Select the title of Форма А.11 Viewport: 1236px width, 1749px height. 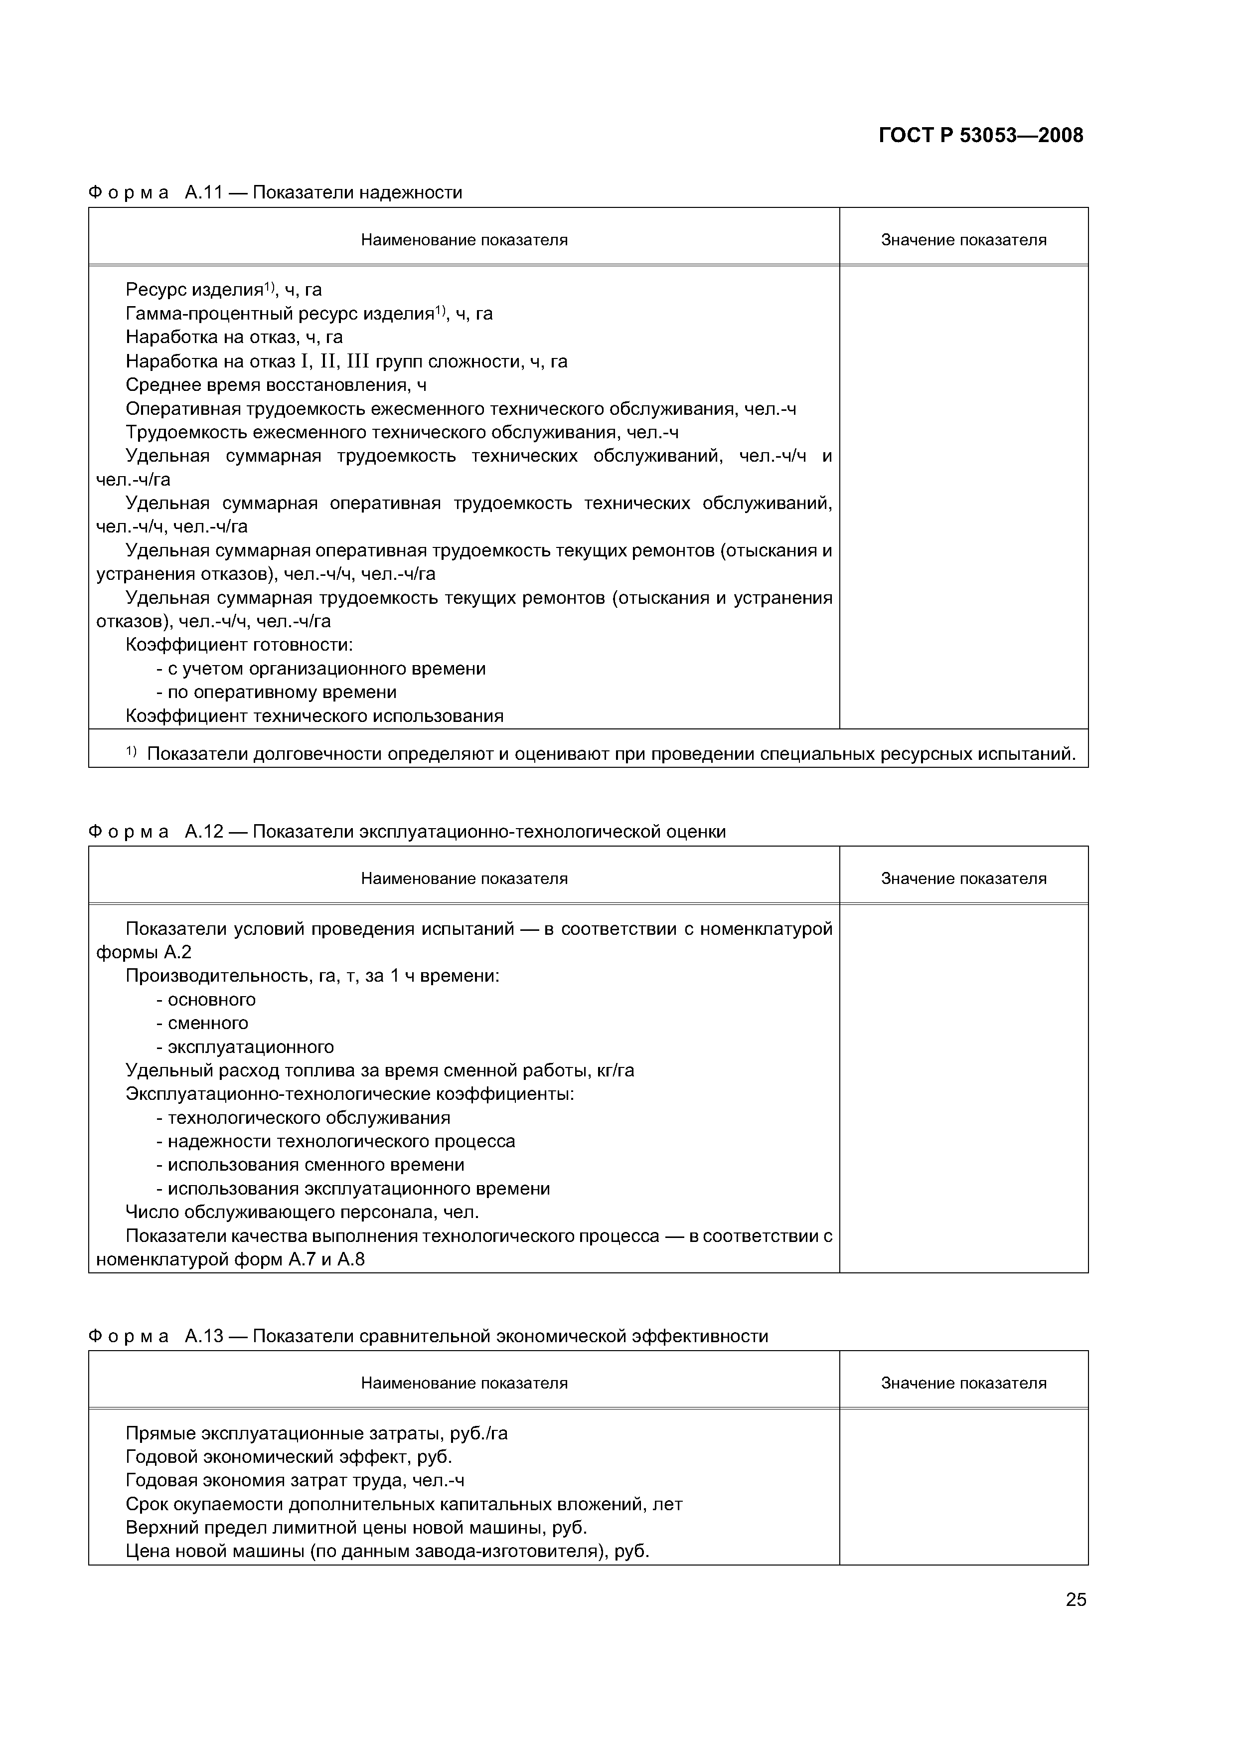(x=275, y=192)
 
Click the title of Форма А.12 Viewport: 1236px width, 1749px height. (x=407, y=831)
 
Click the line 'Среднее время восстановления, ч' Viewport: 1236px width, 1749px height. (x=276, y=385)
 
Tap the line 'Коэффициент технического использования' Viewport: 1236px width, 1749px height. (x=314, y=715)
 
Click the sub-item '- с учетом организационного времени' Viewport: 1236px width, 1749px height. (x=320, y=668)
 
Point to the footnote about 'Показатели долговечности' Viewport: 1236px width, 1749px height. (x=602, y=753)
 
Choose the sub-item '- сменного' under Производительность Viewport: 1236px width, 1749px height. (x=202, y=1022)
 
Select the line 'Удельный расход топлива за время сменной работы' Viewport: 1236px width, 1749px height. (x=379, y=1070)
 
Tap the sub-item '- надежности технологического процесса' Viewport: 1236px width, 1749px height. (x=335, y=1141)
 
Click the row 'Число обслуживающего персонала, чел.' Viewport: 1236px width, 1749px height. (x=302, y=1211)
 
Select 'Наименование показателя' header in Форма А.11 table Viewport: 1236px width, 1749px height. (x=464, y=240)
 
